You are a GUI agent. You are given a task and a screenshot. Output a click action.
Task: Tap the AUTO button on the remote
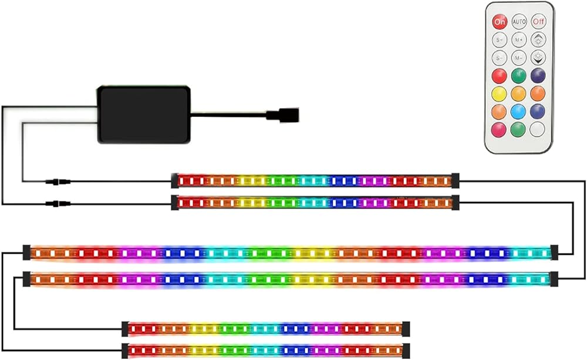518,22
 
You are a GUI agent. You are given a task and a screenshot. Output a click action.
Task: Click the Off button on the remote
538,22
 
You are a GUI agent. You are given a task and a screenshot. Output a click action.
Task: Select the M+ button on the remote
518,40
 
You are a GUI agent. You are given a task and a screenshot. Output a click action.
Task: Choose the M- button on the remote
518,58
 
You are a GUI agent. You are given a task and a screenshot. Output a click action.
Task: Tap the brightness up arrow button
537,40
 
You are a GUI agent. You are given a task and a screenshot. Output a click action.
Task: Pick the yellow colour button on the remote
500,93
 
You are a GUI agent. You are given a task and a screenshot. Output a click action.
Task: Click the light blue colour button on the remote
518,111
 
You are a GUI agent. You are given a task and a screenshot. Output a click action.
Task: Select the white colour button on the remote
537,129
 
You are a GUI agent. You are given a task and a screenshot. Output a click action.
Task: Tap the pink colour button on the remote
500,129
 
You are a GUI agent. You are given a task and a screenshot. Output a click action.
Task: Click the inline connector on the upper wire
57,181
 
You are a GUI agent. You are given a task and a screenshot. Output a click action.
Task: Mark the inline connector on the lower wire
57,204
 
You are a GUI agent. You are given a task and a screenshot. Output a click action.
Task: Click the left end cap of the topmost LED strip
174,180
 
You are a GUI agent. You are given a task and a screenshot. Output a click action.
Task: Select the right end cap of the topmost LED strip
455,180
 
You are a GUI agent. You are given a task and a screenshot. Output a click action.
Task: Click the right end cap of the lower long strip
554,278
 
